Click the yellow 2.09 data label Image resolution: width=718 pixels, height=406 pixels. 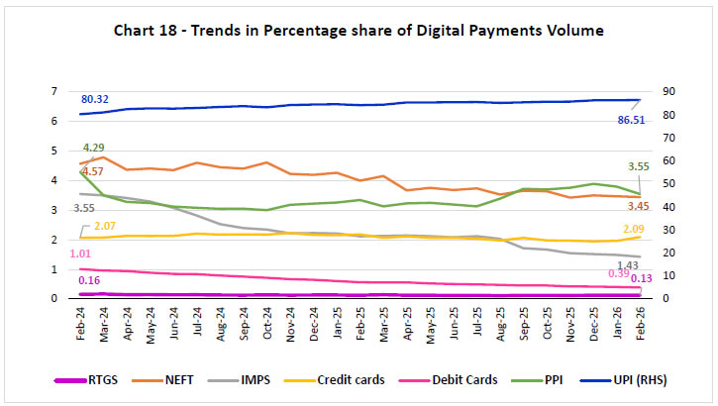click(638, 229)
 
